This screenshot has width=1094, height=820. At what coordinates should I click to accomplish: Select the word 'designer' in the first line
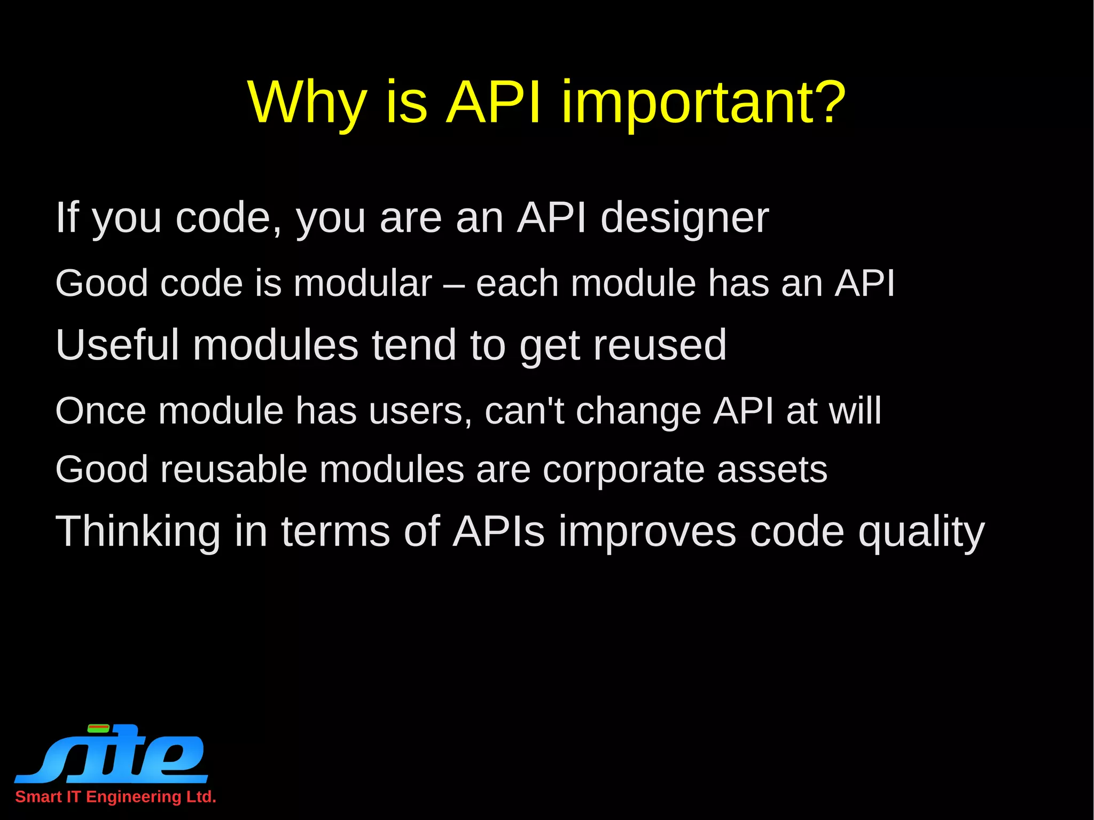[x=684, y=218]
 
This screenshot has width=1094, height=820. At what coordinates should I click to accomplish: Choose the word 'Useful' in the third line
[x=117, y=345]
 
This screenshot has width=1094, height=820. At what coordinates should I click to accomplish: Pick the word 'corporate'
[x=623, y=471]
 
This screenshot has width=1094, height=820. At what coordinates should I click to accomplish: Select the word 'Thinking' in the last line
[x=138, y=532]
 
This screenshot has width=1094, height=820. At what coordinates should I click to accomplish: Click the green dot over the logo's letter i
[x=98, y=728]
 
